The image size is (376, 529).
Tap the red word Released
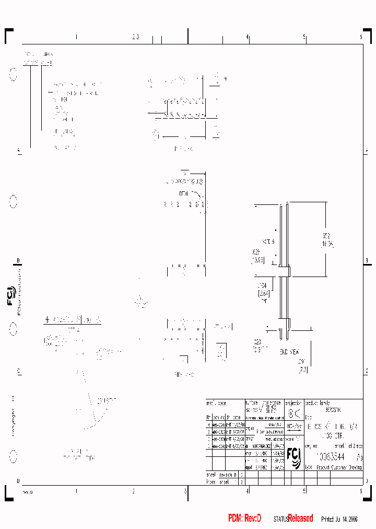(x=300, y=518)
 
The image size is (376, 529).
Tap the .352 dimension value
(x=325, y=236)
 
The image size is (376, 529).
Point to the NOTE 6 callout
(x=268, y=241)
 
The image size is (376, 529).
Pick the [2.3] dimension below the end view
(x=303, y=370)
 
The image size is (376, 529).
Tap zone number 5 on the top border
(x=304, y=37)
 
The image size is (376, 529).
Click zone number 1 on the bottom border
(x=76, y=491)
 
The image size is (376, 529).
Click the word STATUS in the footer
(x=280, y=519)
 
